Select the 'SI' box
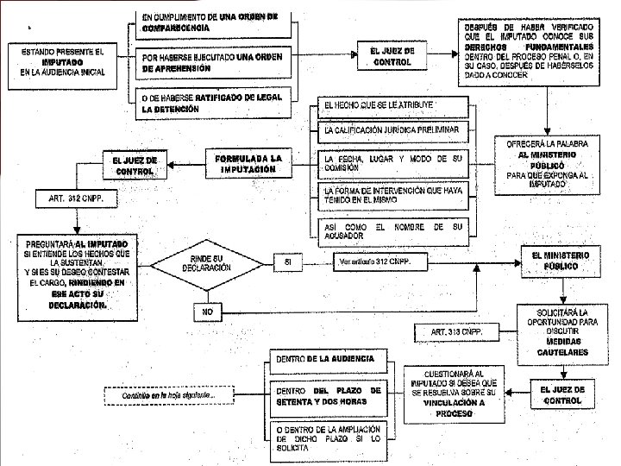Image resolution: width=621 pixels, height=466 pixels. point(287,260)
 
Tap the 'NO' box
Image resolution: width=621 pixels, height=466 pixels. point(208,310)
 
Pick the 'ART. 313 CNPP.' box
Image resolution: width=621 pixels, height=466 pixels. point(458,331)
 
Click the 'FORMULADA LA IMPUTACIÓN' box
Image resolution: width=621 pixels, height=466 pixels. point(248,164)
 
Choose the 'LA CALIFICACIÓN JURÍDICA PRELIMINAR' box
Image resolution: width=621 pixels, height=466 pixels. point(392,131)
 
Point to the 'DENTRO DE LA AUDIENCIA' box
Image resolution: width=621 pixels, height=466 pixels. point(326,358)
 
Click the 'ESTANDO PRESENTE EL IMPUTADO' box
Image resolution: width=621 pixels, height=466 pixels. point(63,62)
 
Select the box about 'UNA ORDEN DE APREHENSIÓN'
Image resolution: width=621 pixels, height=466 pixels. point(210,62)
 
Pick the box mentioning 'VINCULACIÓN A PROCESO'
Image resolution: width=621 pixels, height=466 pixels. point(454,393)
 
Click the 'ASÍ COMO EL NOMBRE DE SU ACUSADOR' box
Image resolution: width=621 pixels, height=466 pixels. point(392,230)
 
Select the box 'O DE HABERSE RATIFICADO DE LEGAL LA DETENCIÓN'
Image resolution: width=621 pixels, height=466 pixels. point(210,104)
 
